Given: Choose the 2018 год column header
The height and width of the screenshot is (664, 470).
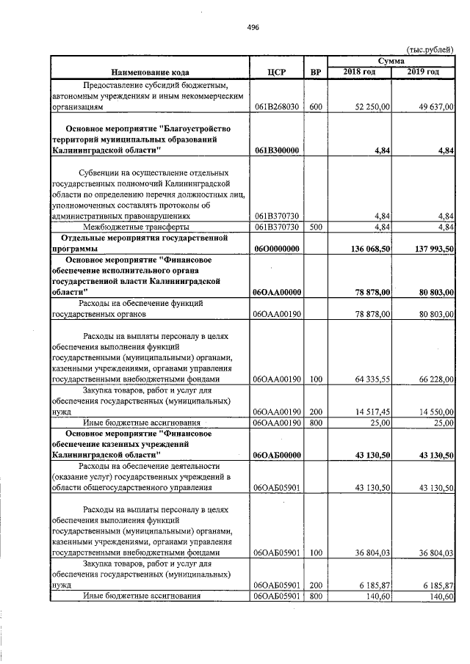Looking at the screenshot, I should (360, 71).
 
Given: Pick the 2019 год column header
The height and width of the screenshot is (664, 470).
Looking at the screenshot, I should (423, 71).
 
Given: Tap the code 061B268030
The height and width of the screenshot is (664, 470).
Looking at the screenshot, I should (276, 107).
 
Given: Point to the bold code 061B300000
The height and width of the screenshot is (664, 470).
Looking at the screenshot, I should (276, 150).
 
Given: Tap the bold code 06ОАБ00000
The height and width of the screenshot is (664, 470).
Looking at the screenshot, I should (276, 455).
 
